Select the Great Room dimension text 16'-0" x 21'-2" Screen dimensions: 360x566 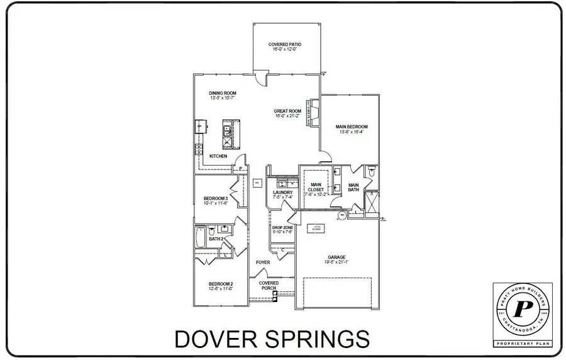(287, 116)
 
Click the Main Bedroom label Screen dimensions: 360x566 (352, 127)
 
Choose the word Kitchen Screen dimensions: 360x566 (218, 156)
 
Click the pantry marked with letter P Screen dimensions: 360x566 (240, 169)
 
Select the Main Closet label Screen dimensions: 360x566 (316, 187)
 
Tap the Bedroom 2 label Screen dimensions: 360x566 (221, 284)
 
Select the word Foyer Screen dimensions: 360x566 (262, 262)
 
